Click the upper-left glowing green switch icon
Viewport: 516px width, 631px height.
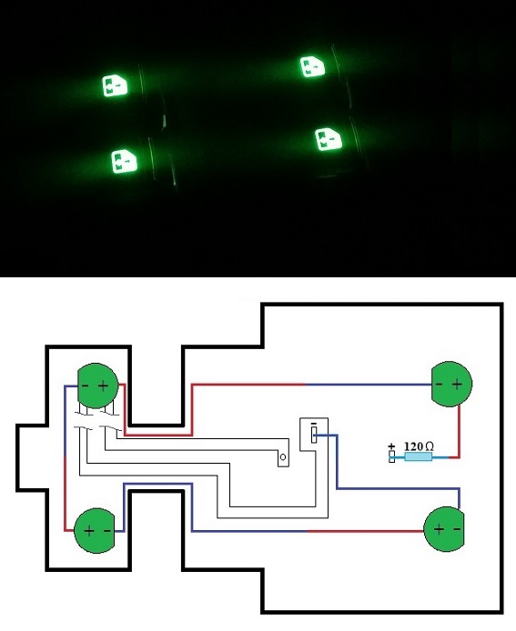tap(116, 85)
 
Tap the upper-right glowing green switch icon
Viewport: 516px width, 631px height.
tap(312, 66)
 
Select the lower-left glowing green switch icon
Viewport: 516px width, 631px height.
tap(124, 161)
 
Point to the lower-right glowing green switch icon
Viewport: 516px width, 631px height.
tap(329, 139)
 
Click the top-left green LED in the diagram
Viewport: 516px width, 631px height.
tap(98, 386)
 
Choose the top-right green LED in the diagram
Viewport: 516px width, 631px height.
tap(451, 384)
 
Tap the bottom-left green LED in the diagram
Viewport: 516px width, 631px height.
tap(95, 530)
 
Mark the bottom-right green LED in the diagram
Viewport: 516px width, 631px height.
tap(444, 529)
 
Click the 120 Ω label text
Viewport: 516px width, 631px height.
tap(419, 446)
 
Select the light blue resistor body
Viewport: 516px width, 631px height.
tap(418, 456)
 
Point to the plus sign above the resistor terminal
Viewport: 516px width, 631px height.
tap(391, 446)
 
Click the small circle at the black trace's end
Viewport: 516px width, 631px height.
tap(283, 457)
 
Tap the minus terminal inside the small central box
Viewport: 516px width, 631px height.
tap(314, 435)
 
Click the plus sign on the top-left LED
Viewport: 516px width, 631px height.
tap(103, 386)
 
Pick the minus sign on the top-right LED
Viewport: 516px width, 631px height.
tap(440, 384)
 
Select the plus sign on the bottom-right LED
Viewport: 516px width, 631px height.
tap(439, 529)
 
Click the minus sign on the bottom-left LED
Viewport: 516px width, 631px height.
tap(106, 531)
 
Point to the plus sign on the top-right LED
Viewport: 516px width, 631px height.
tap(457, 385)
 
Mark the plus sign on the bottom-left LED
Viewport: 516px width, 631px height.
tap(89, 531)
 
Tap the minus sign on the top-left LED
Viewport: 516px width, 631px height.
tap(85, 386)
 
